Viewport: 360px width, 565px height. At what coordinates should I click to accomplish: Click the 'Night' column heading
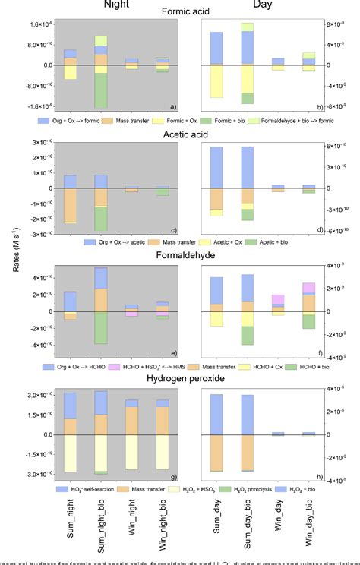[x=112, y=5]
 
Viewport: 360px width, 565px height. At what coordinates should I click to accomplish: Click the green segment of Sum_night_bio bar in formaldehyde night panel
[x=100, y=327]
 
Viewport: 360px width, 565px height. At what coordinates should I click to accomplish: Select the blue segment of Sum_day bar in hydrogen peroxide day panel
[x=216, y=415]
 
